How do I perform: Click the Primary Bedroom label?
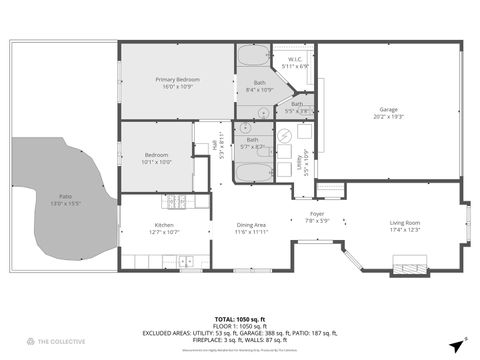point(177,79)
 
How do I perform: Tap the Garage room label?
point(389,109)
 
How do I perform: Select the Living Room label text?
point(405,223)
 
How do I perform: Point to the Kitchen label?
point(165,224)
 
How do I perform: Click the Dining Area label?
point(251,224)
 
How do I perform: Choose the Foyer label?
point(317,214)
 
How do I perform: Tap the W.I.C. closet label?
point(296,59)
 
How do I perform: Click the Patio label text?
point(65,196)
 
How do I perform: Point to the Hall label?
point(216,146)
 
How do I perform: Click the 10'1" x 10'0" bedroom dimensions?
point(156,162)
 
